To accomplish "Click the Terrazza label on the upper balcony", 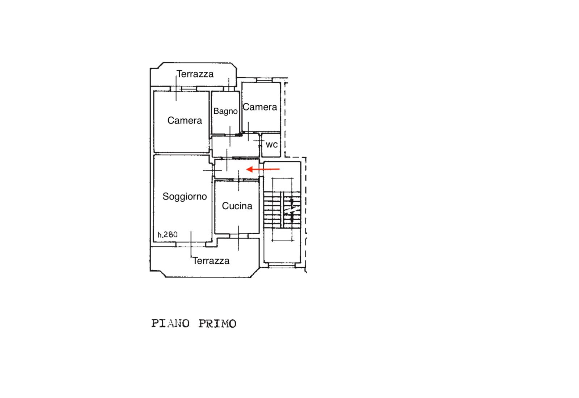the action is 195,74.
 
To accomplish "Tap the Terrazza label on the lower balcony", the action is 211,261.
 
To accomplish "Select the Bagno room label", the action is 225,112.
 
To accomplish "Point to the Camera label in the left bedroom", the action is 185,121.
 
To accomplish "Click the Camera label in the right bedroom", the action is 260,107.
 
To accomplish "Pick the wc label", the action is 272,145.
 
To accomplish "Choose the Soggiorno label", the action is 185,197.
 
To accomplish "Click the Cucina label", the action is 237,206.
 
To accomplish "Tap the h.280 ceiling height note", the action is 168,235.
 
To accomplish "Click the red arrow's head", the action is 249,169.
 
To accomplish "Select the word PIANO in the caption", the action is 170,323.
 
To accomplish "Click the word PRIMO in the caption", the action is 217,324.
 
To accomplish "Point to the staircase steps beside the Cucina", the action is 282,210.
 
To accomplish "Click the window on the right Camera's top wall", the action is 265,80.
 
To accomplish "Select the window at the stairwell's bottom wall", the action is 282,265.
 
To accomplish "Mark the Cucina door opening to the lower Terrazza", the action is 238,236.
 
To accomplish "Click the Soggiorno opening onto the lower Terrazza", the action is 191,244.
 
